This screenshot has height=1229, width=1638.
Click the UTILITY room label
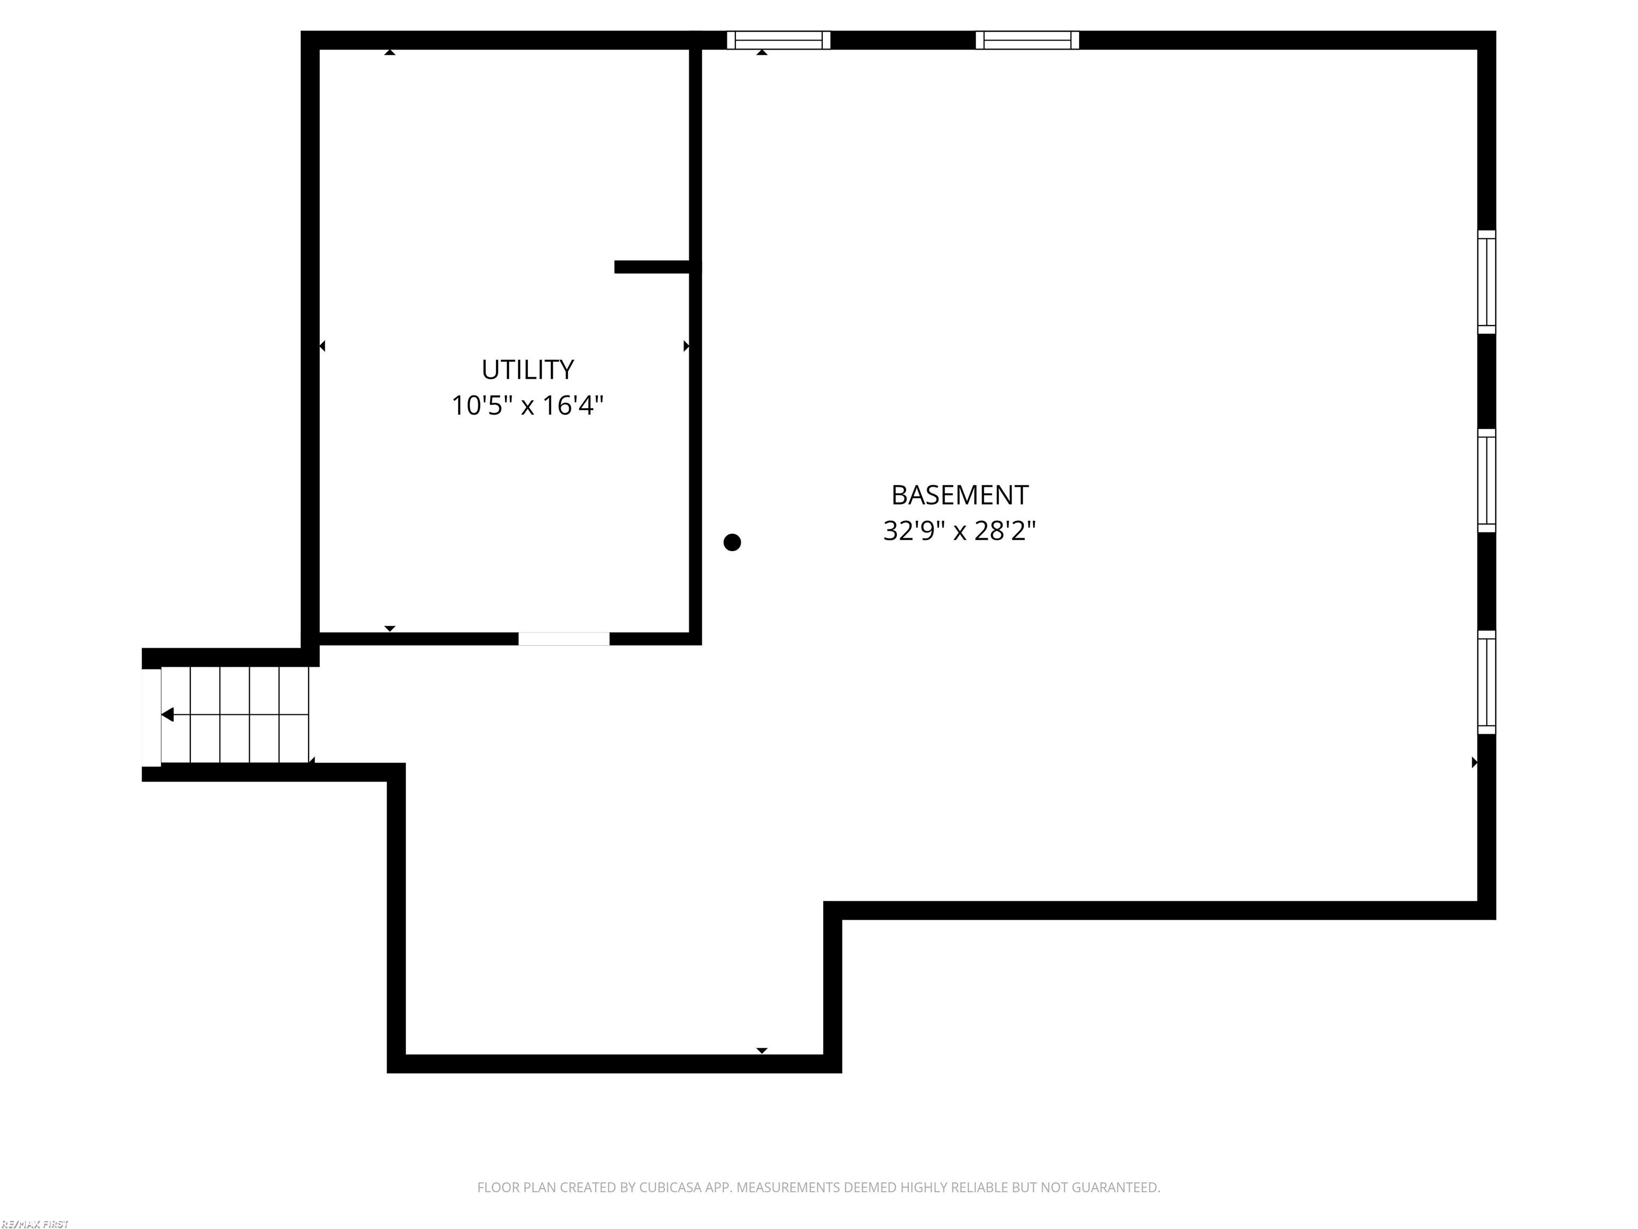point(527,369)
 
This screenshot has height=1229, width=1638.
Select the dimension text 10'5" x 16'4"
point(527,405)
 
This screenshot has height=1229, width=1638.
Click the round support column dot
point(732,542)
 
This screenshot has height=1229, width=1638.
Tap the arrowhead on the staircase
point(168,714)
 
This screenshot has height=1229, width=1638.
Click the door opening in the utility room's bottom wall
point(564,639)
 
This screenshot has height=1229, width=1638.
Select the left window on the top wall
point(778,40)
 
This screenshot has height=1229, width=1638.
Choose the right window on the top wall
point(1027,40)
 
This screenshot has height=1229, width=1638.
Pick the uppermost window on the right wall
point(1486,282)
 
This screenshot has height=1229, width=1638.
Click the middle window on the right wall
point(1486,480)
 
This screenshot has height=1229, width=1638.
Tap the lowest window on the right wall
point(1486,682)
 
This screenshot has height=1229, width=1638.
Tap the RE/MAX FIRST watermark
point(35,1224)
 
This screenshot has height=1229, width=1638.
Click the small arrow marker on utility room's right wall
point(686,346)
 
